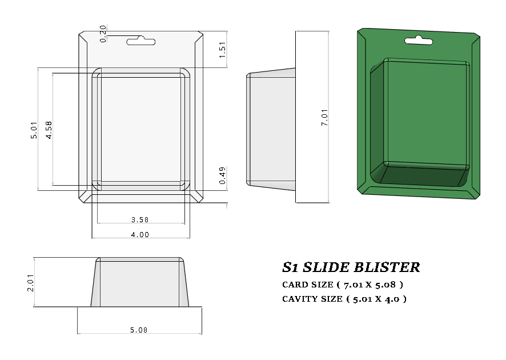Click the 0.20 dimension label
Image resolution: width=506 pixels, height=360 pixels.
(103, 34)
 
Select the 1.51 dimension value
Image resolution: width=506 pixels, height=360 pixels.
(223, 49)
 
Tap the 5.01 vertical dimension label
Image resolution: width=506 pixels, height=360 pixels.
(34, 130)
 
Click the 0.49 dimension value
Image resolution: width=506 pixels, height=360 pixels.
(223, 175)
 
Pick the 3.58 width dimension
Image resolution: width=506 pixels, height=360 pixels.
(140, 219)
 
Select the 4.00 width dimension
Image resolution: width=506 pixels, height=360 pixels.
(140, 234)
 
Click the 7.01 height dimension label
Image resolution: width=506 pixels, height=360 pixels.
(324, 117)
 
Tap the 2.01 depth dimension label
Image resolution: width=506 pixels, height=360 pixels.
(31, 282)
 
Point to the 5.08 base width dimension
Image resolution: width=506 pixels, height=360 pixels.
(140, 330)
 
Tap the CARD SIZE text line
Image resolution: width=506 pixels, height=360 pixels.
(343, 284)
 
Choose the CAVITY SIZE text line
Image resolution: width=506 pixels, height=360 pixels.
(344, 298)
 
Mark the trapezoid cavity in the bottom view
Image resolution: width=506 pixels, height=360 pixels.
(140, 283)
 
